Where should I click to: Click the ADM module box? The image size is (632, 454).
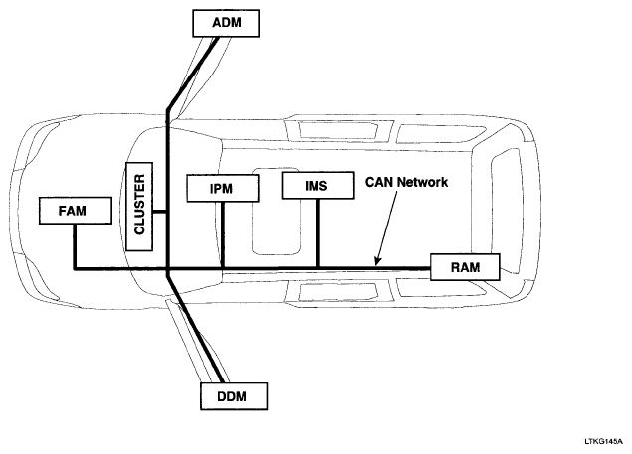click(227, 21)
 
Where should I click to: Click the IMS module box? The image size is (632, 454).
click(317, 185)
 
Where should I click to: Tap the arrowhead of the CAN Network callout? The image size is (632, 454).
click(377, 263)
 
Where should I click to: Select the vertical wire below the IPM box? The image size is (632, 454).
click(223, 233)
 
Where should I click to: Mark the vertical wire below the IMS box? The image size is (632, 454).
click(317, 233)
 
